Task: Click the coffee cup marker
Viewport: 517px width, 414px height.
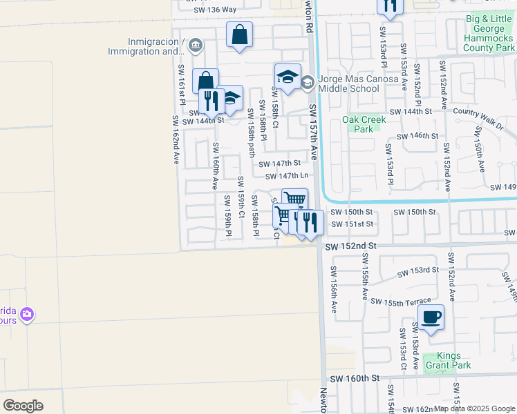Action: [x=431, y=318]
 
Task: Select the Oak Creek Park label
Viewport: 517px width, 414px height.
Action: [x=364, y=124]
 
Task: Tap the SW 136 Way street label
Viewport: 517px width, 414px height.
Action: [x=215, y=10]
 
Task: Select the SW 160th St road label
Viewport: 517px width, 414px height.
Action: [x=355, y=379]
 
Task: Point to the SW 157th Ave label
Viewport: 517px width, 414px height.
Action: [x=314, y=132]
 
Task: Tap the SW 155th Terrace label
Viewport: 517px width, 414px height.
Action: [x=401, y=301]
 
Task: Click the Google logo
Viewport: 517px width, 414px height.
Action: [x=23, y=406]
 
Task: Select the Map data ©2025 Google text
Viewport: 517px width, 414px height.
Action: [x=475, y=408]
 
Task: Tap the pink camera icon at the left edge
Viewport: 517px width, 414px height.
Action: [x=27, y=316]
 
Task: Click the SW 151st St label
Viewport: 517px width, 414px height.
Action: [x=352, y=224]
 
